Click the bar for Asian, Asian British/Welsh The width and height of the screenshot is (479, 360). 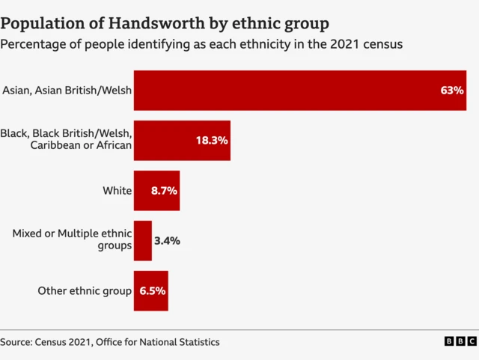coord(299,91)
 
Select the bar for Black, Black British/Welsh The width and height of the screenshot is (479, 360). coord(182,141)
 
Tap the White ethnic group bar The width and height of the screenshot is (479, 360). coord(156,191)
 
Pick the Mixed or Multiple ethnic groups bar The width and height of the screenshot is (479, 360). coord(142,241)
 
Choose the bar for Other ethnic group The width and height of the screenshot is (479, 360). coord(150,290)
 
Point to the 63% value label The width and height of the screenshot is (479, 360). coord(452,91)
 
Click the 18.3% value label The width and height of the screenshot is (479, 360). coord(212,141)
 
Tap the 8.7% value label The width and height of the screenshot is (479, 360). coord(164,191)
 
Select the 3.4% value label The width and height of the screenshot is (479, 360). coord(167,241)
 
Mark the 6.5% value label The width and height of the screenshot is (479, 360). coord(152,290)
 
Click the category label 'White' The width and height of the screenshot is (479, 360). coord(118,191)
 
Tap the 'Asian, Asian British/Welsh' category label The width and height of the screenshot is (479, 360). coord(67,91)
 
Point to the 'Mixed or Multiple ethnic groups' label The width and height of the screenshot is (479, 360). coord(72,240)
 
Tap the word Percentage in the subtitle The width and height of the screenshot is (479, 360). coord(34,44)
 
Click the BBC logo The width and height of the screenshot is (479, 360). coord(460,341)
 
